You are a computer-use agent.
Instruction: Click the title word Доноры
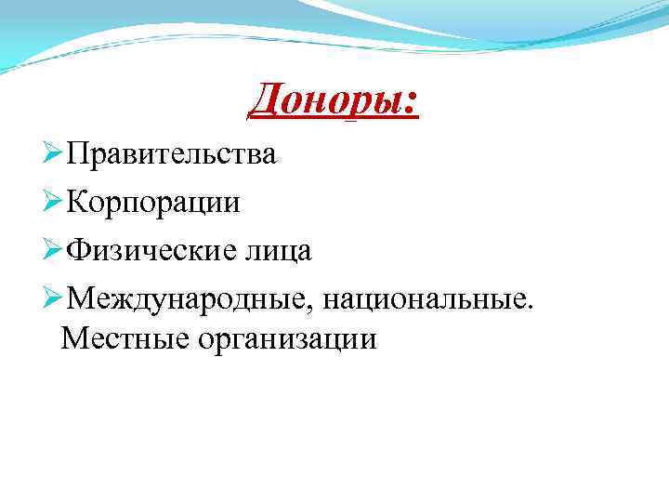pos(326,101)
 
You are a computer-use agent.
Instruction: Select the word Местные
pos(122,338)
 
